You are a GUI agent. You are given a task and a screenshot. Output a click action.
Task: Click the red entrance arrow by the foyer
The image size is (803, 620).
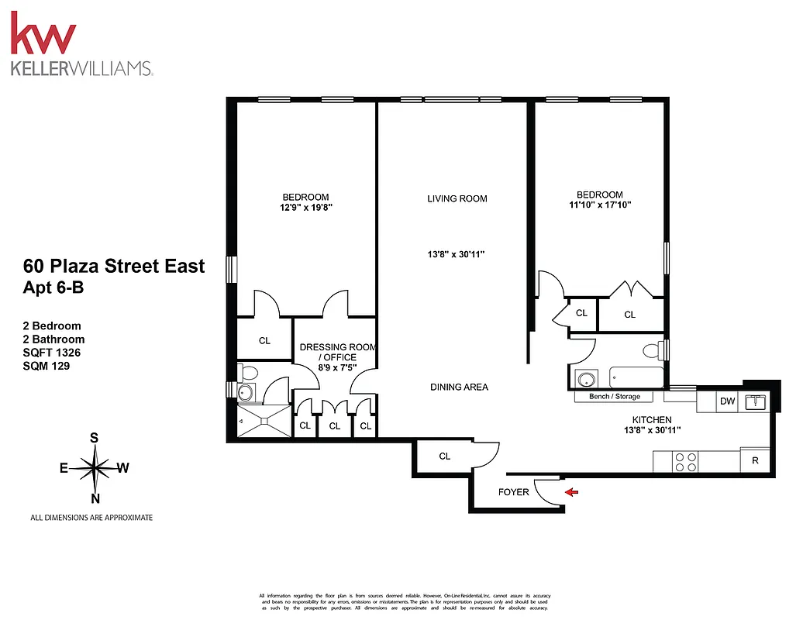pos(571,491)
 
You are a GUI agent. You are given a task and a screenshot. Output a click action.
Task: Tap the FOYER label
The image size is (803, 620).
pos(513,492)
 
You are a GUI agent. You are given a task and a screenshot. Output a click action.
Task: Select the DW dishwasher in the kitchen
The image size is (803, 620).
pos(727,401)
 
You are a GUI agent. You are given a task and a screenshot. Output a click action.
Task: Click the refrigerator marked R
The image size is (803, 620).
pos(755,460)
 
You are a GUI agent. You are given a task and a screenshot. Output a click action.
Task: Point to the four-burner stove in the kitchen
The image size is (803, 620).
pos(685,462)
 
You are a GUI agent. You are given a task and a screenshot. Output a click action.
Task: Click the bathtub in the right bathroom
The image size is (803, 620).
pos(636,377)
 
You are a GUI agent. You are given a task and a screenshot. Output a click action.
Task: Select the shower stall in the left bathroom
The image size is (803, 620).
pos(263,422)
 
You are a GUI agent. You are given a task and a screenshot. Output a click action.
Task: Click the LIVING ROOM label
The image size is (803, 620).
pos(457,198)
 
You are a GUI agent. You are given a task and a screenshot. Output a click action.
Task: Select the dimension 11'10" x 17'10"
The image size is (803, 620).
pos(599,206)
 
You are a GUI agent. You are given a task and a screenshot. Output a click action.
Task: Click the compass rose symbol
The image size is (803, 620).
pos(94,468)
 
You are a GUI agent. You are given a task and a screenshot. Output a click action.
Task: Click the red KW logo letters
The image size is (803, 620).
pos(43,36)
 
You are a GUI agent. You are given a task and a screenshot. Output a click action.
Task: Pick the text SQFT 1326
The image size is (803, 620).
pos(52,353)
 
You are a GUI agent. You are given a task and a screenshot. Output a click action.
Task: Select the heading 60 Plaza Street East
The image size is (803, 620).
pos(114,266)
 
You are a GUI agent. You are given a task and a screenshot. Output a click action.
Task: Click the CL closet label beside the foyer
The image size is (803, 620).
pos(445,456)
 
